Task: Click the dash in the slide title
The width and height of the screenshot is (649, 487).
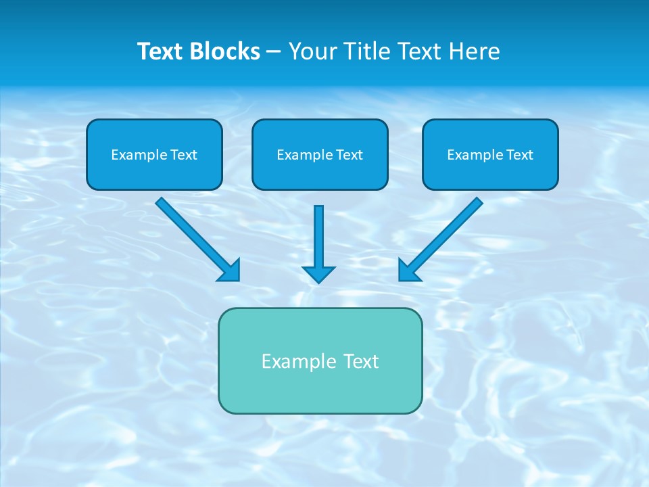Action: pyautogui.click(x=274, y=52)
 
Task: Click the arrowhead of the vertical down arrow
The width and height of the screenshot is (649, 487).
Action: pyautogui.click(x=318, y=274)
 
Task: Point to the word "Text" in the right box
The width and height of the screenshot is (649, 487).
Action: pyautogui.click(x=519, y=155)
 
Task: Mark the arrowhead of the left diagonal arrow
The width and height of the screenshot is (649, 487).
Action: pyautogui.click(x=231, y=272)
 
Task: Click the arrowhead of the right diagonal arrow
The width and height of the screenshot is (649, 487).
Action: pyautogui.click(x=408, y=272)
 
